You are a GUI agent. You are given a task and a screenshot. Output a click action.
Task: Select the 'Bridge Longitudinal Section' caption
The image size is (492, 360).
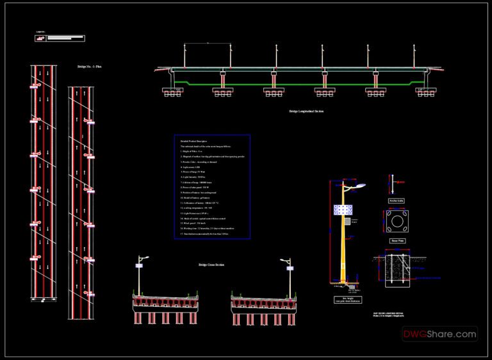[x=306, y=111]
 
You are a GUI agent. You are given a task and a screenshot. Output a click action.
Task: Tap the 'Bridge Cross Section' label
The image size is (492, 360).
[x=211, y=265]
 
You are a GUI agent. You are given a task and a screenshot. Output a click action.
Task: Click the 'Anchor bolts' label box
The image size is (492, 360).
[x=397, y=200]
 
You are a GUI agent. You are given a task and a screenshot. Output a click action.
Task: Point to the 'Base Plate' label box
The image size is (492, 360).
[x=397, y=241]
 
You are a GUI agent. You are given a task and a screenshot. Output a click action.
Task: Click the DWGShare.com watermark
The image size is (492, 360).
[x=439, y=334]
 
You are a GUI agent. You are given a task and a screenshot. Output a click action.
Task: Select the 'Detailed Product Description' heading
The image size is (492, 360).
[x=193, y=140]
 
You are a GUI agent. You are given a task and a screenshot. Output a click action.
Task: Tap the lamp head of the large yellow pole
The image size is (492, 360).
[x=359, y=184]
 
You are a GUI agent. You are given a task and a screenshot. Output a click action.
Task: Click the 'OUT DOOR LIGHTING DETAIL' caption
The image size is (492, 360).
[x=392, y=312]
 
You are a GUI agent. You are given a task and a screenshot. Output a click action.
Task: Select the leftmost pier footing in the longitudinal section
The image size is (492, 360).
[x=174, y=92]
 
